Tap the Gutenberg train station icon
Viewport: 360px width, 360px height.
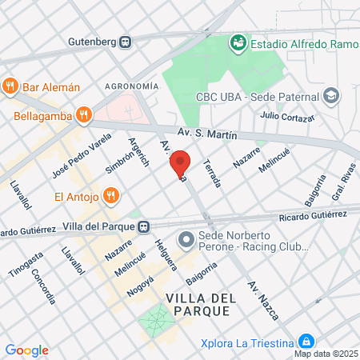126,42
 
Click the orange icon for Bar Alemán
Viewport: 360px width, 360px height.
10,86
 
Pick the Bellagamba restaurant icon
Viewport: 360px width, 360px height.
84,115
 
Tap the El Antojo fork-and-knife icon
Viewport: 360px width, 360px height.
112,195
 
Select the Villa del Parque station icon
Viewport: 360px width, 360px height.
143,226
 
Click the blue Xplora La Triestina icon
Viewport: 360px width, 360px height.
305,342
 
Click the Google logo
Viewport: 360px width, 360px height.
26,350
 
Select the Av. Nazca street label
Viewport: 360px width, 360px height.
264,300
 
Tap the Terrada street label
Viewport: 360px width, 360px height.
212,172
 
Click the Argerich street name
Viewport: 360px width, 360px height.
139,151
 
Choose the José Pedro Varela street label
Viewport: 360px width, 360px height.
70,156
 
